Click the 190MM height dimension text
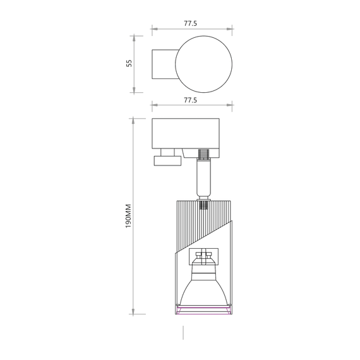128,216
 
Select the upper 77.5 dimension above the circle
191,23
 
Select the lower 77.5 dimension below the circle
191,100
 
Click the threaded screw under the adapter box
204,154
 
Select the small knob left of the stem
166,160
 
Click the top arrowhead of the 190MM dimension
134,120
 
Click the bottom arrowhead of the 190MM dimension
134,311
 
